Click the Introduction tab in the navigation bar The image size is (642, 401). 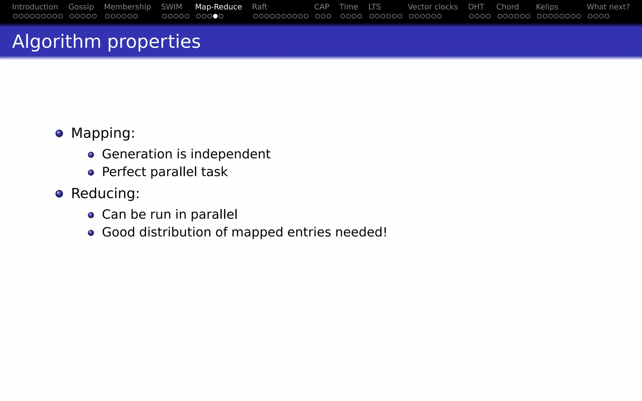click(x=35, y=7)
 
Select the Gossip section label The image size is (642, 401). click(x=81, y=7)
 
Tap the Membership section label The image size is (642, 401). click(x=127, y=7)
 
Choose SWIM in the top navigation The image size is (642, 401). click(x=171, y=7)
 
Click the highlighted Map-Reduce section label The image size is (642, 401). click(x=218, y=7)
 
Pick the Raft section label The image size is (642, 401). click(x=260, y=7)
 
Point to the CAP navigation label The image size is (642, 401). click(x=322, y=7)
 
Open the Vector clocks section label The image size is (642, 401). click(x=433, y=7)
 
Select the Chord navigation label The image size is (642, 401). click(x=508, y=7)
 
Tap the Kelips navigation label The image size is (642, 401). click(x=547, y=7)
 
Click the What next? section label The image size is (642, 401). click(x=608, y=7)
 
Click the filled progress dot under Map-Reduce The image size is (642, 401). click(x=215, y=16)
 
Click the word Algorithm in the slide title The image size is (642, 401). click(x=56, y=42)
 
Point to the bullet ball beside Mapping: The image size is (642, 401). click(x=59, y=133)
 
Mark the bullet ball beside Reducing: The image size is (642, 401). click(x=59, y=194)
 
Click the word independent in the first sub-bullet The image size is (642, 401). click(x=230, y=154)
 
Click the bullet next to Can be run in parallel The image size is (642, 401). click(x=91, y=215)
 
